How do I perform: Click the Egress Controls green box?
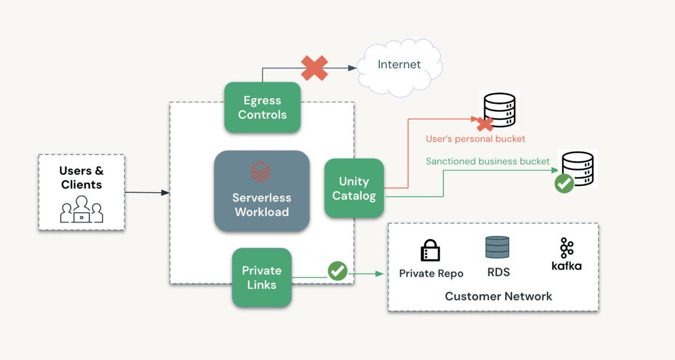(262, 107)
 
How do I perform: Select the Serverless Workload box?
(262, 191)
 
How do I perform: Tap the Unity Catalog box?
(354, 188)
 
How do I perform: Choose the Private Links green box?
(262, 277)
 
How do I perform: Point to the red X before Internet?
(314, 68)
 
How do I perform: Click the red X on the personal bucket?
(485, 124)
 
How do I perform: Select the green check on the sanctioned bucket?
(564, 183)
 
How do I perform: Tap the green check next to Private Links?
(337, 271)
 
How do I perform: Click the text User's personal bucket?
(475, 138)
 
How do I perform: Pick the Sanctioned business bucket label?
(488, 161)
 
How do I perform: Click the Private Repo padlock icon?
(430, 250)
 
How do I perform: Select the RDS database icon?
(498, 248)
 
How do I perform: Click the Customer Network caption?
(498, 296)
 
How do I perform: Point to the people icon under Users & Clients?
(82, 209)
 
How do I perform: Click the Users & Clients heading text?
(82, 178)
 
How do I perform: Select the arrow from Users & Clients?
(146, 192)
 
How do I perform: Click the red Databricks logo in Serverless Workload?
(260, 171)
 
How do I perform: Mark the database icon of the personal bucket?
(499, 109)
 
